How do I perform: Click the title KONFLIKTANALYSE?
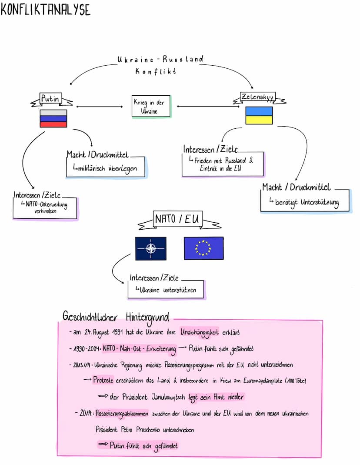click(45, 9)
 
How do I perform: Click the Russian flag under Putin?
click(53, 118)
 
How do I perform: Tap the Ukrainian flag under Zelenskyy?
click(259, 116)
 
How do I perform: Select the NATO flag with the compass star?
click(150, 248)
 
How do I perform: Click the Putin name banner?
click(50, 100)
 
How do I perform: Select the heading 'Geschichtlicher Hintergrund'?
click(116, 316)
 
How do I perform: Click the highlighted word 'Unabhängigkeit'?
click(200, 333)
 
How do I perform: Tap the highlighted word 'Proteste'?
click(103, 380)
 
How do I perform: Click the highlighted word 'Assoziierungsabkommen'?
click(123, 414)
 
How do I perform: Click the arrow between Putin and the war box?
click(100, 106)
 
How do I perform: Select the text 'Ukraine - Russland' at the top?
click(160, 59)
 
